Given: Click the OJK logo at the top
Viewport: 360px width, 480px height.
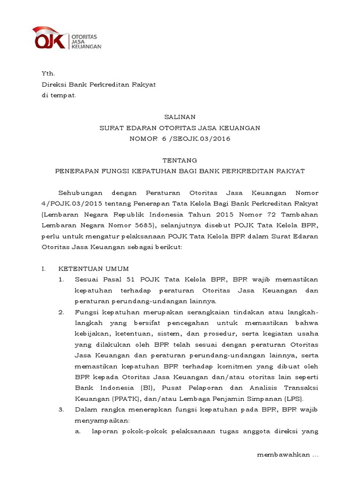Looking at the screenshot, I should (66, 39).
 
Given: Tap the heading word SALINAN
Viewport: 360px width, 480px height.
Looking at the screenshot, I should (180, 117).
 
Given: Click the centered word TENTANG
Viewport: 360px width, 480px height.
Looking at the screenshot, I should (180, 160).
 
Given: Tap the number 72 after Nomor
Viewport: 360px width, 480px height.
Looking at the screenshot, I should (271, 214).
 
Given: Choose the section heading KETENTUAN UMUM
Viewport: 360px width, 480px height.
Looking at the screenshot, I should (93, 269).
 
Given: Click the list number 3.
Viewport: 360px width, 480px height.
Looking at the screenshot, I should (61, 410).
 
